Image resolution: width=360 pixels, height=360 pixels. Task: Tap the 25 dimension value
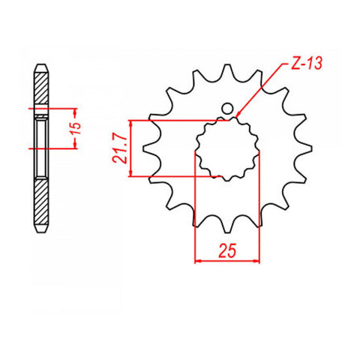coord(228,250)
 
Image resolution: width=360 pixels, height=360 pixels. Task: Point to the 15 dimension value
coord(74,129)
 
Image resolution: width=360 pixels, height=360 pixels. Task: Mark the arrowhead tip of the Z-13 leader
coord(236,116)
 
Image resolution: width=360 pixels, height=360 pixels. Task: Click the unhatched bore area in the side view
coord(40,129)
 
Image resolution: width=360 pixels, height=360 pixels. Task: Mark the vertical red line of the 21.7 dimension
coord(130,148)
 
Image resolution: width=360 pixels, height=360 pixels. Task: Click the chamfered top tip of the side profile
coord(40,66)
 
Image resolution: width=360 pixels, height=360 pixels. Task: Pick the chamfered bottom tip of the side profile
coord(40,228)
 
